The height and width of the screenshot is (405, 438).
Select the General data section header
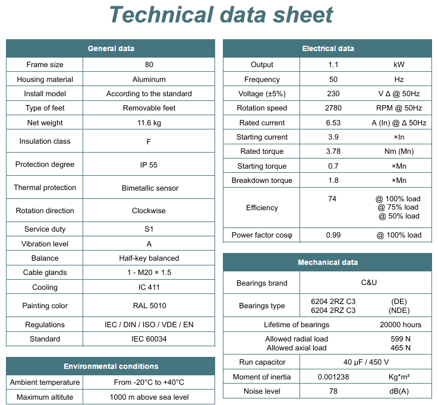tap(111, 49)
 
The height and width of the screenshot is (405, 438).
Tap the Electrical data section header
tap(327, 49)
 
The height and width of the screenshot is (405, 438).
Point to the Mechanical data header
tap(327, 262)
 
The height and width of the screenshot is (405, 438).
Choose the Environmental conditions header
tap(111, 366)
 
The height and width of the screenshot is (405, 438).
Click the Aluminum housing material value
tap(149, 79)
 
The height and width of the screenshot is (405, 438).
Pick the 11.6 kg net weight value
tap(149, 123)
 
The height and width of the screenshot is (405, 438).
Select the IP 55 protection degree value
tap(149, 164)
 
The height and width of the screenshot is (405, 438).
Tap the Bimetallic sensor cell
tap(149, 188)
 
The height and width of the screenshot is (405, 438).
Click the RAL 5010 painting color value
tap(149, 306)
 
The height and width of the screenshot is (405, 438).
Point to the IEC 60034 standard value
tap(149, 339)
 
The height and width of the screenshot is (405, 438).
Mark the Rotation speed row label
tap(261, 108)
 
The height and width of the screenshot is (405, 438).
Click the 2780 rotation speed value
tap(333, 108)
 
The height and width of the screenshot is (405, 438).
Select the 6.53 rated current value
tap(333, 123)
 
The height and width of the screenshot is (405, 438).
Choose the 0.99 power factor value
tap(333, 235)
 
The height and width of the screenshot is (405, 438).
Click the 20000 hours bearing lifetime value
tap(401, 325)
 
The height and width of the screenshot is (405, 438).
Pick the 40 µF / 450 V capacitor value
tap(366, 362)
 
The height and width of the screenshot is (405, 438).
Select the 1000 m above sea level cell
tap(149, 397)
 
